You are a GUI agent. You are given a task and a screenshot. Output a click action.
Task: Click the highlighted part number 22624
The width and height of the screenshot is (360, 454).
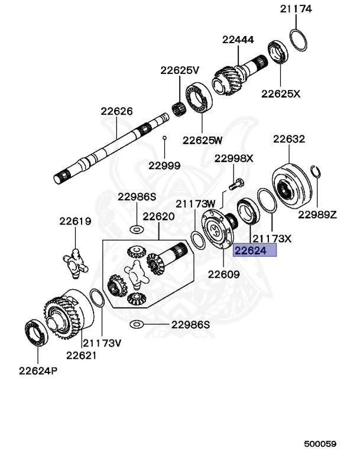click(x=254, y=251)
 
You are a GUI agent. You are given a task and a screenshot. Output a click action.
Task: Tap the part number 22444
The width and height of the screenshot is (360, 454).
click(x=238, y=40)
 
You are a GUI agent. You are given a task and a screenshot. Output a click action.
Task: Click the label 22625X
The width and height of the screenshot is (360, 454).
click(x=281, y=93)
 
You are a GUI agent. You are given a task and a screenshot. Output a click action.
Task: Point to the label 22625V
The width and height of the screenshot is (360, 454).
click(x=180, y=70)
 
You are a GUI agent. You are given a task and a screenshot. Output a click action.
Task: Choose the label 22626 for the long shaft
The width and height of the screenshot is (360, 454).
click(x=116, y=111)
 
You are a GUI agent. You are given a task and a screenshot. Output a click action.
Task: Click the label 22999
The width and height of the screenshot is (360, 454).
click(x=164, y=166)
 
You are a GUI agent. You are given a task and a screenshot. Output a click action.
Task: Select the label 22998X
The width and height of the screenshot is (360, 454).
click(x=233, y=158)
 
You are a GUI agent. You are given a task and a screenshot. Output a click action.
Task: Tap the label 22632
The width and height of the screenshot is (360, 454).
click(x=288, y=140)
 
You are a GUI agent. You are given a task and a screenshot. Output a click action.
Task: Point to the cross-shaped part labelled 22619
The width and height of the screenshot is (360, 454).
click(x=75, y=261)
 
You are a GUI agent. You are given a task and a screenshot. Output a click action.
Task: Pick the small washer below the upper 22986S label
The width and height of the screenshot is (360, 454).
click(x=135, y=228)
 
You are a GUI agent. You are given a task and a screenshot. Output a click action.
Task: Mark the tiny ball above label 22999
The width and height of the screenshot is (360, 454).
click(x=165, y=138)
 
